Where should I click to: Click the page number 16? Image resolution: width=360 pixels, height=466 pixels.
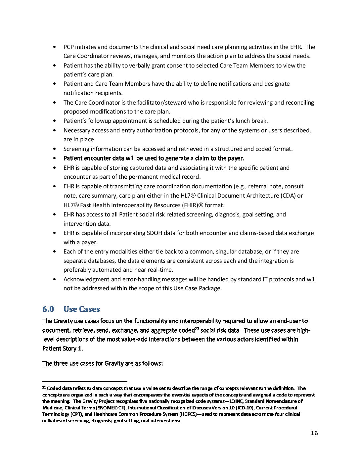[x=314, y=433]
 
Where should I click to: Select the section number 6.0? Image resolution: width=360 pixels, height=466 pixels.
[x=48, y=309]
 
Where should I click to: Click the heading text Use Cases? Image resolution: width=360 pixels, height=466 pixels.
[x=82, y=309]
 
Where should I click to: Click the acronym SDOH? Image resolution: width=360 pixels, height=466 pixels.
[x=155, y=233]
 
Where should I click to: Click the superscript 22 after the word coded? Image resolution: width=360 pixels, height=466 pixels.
[x=197, y=329]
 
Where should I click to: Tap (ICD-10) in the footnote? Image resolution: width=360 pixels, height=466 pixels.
[x=244, y=408]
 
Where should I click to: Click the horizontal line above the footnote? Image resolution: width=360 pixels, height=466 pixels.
[x=85, y=382]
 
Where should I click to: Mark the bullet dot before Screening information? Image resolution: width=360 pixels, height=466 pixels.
[x=54, y=149]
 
